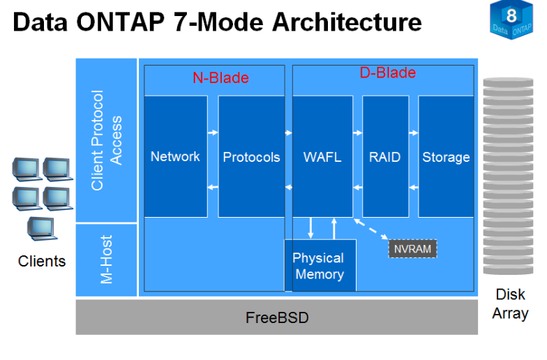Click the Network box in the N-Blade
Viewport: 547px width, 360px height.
(x=175, y=156)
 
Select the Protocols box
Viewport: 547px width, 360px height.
(x=251, y=156)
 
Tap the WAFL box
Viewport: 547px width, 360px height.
(x=322, y=156)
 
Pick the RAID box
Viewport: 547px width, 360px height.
(x=385, y=156)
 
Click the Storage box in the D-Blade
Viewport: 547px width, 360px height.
(x=446, y=156)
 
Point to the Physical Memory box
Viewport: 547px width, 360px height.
(x=320, y=266)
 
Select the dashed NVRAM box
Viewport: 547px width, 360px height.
(x=412, y=248)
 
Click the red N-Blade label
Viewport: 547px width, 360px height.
(x=220, y=78)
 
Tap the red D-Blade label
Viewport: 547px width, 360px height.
(x=387, y=73)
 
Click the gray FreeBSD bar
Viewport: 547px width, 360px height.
(x=277, y=317)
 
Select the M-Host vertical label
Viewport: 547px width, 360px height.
(x=107, y=260)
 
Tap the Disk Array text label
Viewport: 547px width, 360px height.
(x=510, y=303)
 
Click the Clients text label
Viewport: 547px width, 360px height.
(x=42, y=262)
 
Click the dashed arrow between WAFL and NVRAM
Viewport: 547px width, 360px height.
(x=370, y=230)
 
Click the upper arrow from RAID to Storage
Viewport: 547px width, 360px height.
(x=413, y=131)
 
